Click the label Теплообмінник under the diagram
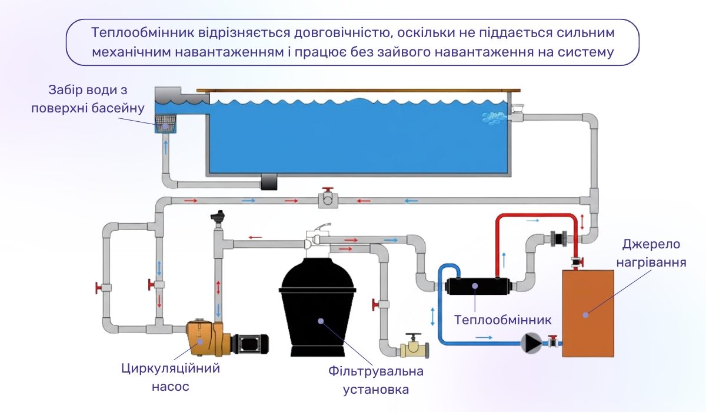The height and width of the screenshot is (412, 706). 502,320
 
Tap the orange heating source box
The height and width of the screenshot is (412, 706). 589,312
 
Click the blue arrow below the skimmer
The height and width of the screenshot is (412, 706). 165,147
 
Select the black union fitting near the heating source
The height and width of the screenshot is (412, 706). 558,238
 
